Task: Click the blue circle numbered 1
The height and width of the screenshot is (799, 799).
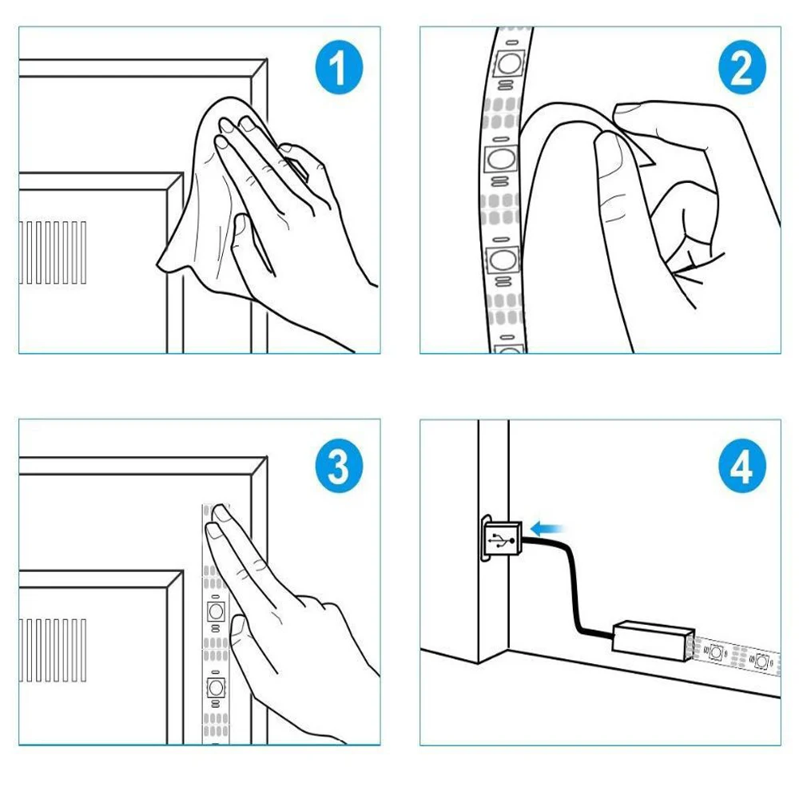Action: click(x=339, y=67)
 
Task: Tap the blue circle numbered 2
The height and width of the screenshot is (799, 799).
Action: click(x=742, y=67)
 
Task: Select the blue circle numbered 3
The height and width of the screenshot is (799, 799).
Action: click(x=339, y=466)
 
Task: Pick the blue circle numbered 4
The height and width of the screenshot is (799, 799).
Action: click(x=742, y=466)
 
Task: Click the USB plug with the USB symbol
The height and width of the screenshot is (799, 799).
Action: click(x=502, y=539)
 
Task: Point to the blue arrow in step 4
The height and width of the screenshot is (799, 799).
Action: click(x=547, y=528)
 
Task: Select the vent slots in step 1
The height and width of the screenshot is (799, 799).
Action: click(x=53, y=252)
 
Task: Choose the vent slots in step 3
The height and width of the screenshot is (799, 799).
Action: click(x=53, y=650)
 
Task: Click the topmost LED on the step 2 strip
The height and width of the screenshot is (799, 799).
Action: click(x=508, y=63)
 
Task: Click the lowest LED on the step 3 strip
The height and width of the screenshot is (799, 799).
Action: click(x=216, y=687)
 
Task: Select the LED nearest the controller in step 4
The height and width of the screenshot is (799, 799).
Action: click(x=715, y=652)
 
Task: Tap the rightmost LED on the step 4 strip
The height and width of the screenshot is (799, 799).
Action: click(x=761, y=662)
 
